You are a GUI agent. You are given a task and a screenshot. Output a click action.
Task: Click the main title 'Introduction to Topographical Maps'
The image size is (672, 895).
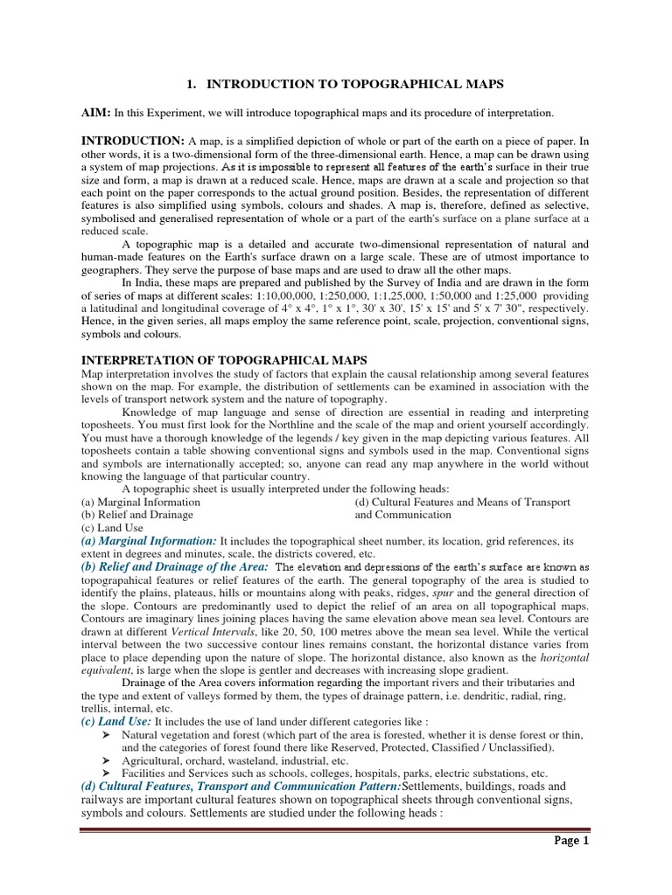346,84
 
